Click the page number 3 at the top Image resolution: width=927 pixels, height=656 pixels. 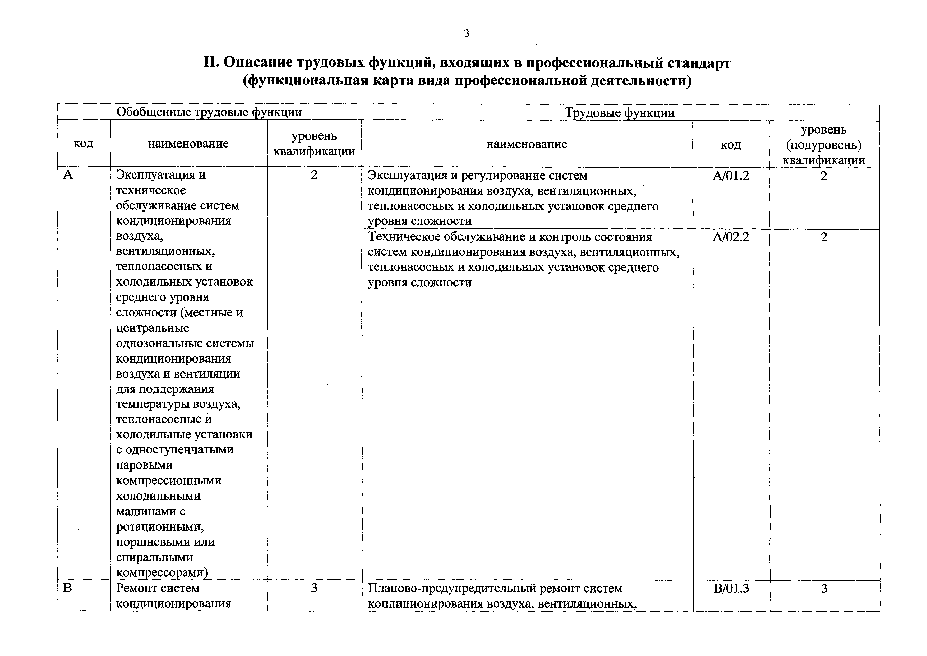(467, 34)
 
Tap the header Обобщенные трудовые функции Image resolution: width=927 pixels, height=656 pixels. (209, 112)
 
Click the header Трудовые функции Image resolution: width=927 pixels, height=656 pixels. (620, 113)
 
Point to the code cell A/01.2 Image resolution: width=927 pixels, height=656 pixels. (731, 176)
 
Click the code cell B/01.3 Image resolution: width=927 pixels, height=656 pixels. (731, 588)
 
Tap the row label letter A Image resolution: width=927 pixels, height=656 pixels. (68, 175)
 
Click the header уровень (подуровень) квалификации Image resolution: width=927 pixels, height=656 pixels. (824, 145)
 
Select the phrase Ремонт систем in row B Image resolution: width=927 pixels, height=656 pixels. (158, 588)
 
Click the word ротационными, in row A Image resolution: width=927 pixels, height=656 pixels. (160, 527)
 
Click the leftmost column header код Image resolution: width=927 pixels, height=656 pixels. (84, 143)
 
